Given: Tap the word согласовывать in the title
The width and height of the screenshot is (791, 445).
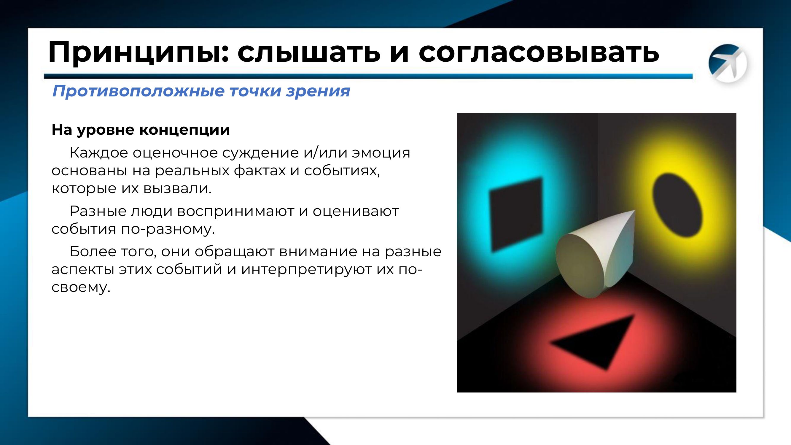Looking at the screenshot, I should pos(539,52).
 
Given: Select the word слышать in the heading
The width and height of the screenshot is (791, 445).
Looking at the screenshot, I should pos(309,52).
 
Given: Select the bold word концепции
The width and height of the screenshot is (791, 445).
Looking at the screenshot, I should pos(184,130).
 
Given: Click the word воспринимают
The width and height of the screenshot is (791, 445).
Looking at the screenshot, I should pos(235,211).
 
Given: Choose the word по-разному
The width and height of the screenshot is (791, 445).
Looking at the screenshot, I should pos(168,229).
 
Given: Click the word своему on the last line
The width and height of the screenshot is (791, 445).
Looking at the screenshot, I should pos(80,287).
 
